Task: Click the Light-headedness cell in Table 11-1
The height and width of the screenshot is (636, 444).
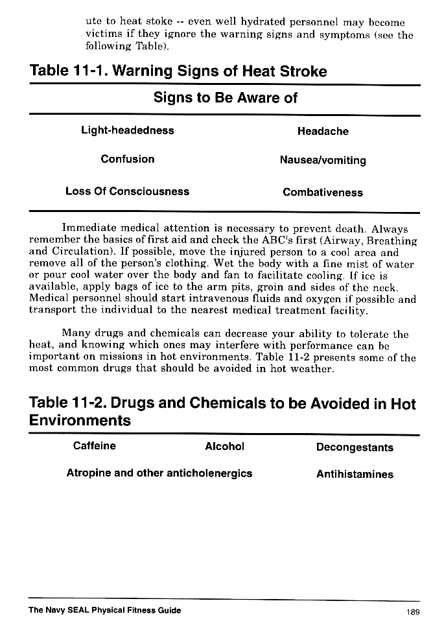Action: [128, 130]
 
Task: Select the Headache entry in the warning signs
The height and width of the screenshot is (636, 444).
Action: [323, 132]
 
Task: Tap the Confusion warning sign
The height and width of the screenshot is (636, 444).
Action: [128, 159]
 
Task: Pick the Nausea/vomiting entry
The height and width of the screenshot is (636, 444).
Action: [323, 160]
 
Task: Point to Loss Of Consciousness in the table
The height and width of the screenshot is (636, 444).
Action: [128, 191]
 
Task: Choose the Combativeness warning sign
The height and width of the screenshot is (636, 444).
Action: [323, 193]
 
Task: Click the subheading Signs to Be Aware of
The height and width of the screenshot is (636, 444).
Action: [225, 98]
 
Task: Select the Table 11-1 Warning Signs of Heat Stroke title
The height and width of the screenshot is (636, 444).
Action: [178, 71]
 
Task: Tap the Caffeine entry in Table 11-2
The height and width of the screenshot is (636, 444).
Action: [95, 446]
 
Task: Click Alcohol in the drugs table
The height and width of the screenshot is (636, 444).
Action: [224, 447]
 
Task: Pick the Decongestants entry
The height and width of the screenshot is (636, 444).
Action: [355, 447]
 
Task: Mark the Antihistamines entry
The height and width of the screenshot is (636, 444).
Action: [355, 475]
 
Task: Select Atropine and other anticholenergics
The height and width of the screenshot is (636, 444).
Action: [159, 473]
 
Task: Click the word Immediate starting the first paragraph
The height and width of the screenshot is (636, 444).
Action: [88, 229]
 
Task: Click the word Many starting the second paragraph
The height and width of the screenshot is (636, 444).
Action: [75, 335]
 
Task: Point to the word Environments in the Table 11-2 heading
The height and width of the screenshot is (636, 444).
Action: [80, 421]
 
